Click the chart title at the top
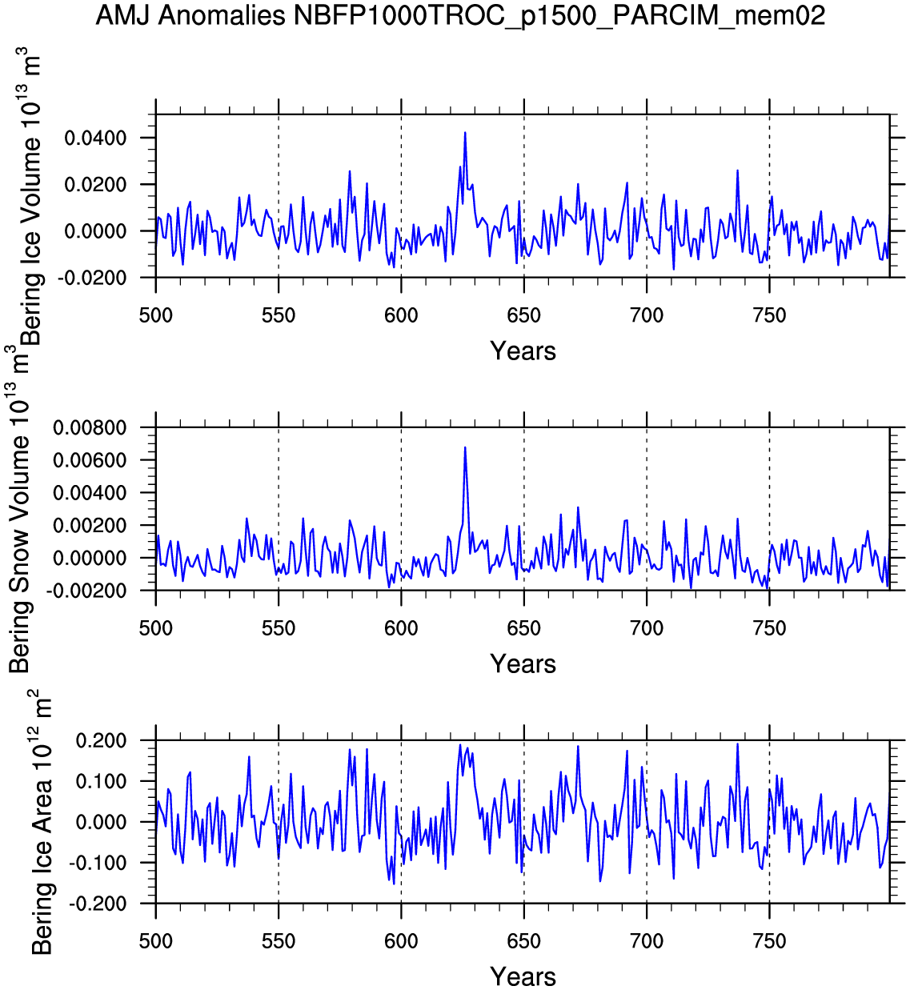click(460, 15)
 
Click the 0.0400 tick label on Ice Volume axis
click(96, 138)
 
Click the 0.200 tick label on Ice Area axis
click(102, 741)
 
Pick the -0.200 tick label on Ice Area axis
click(99, 904)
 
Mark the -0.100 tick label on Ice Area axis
click(99, 863)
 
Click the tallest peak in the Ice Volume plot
click(465, 133)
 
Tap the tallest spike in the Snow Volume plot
click(465, 447)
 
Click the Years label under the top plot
click(523, 351)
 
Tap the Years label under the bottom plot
click(523, 976)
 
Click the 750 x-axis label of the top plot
click(769, 315)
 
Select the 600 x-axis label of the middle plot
click(401, 628)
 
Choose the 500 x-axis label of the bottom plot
click(156, 941)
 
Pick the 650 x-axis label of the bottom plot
click(523, 941)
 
